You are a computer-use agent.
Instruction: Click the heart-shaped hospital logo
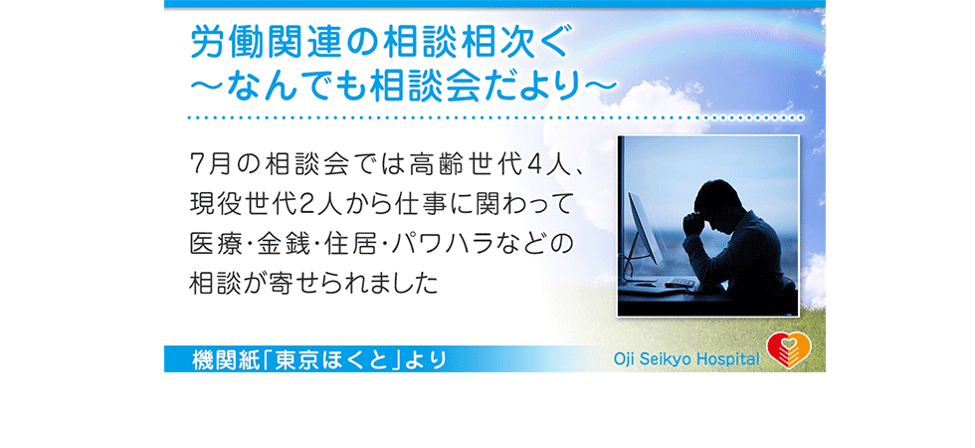788,350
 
